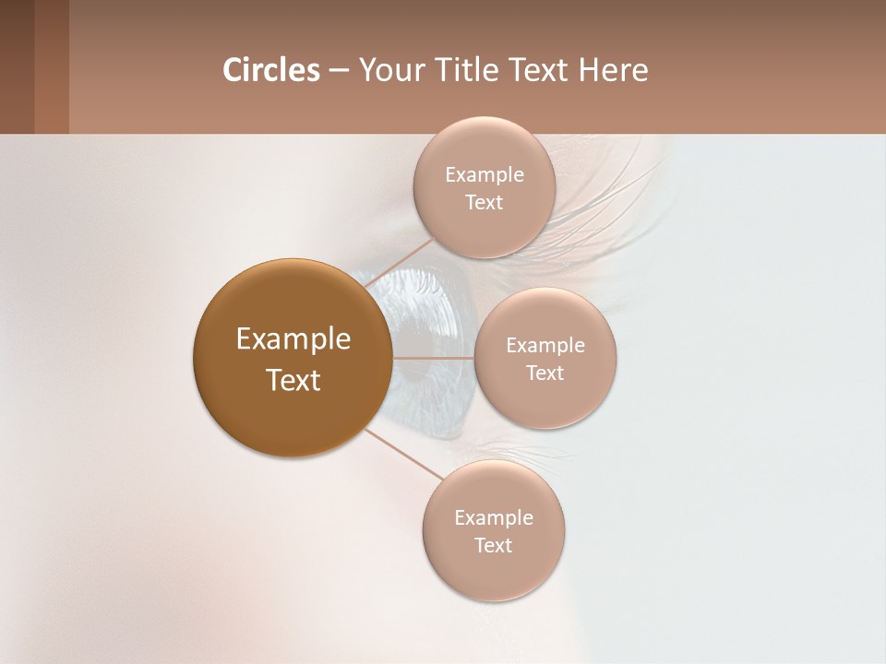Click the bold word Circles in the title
click(x=270, y=70)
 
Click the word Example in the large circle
click(x=293, y=339)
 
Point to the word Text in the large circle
click(x=293, y=380)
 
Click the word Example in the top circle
click(x=485, y=175)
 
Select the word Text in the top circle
click(x=484, y=203)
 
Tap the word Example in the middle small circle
click(x=545, y=346)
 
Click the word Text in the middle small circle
click(x=545, y=373)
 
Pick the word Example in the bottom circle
click(x=494, y=518)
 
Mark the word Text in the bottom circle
click(x=493, y=546)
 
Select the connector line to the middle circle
click(x=434, y=358)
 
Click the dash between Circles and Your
click(x=339, y=71)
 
